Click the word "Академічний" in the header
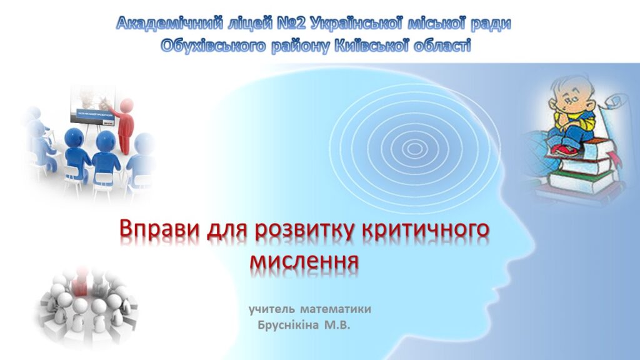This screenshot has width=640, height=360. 170,23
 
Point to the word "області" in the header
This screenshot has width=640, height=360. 442,45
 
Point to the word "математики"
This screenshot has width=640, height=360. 336,309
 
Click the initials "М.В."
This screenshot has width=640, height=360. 337,325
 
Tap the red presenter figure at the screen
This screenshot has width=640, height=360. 125,126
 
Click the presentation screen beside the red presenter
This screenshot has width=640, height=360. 92,104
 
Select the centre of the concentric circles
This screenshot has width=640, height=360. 414,148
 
